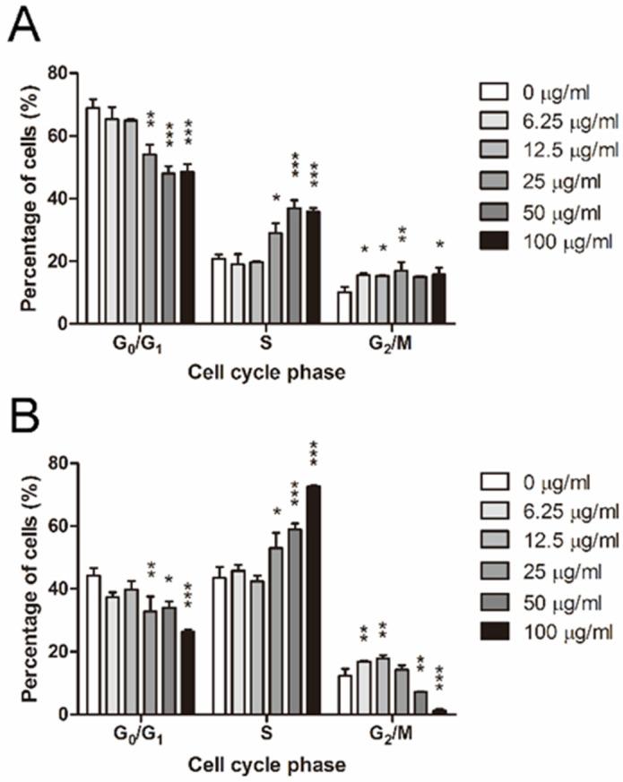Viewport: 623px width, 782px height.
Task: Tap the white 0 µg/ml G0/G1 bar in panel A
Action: tap(92, 216)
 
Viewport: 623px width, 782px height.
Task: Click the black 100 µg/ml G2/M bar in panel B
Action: tap(439, 711)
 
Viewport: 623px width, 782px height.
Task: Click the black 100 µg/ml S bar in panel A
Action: tap(313, 267)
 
